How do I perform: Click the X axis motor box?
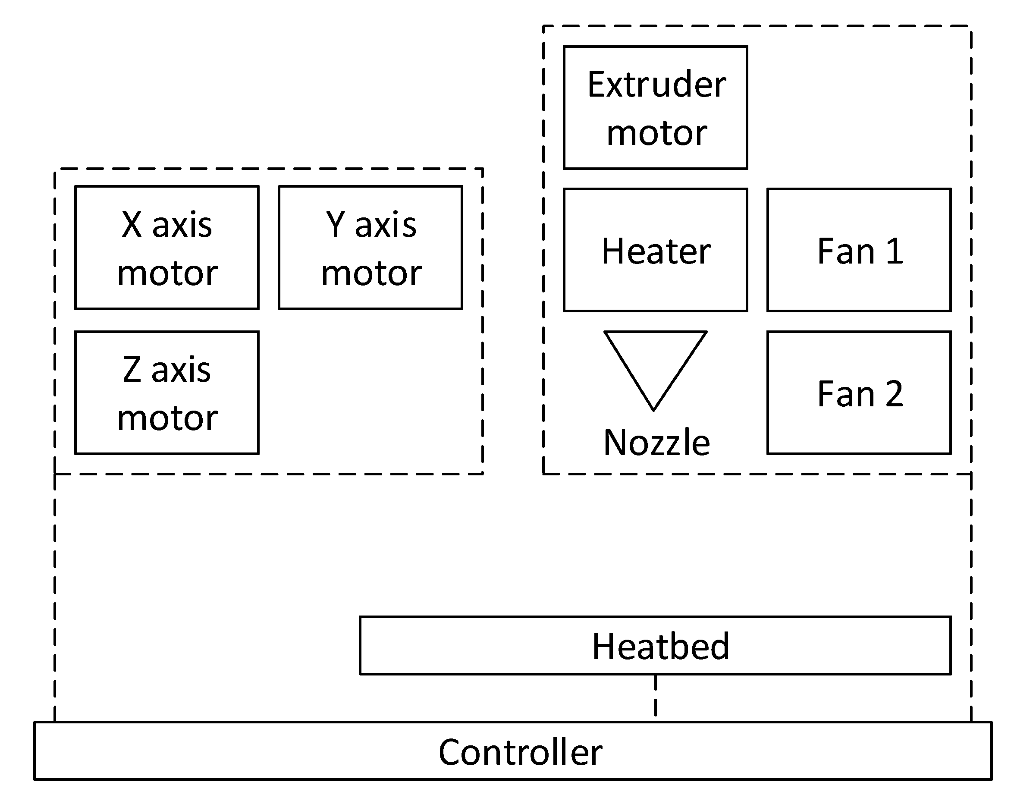166,248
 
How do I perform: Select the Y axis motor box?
370,248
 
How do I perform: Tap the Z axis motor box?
166,393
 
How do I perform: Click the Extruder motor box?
655,107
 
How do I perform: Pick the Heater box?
655,250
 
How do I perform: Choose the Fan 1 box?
859,250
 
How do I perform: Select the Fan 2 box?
859,393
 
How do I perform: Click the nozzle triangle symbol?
655,361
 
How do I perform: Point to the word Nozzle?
656,443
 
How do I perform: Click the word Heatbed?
660,646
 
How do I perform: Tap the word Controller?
520,752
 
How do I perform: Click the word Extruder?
656,85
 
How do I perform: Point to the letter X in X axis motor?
132,225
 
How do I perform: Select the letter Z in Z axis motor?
132,370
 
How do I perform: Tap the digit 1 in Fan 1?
895,251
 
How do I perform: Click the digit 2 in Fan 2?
894,394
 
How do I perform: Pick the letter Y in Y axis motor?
336,225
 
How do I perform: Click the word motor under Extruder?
656,133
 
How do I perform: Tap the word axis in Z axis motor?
181,370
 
